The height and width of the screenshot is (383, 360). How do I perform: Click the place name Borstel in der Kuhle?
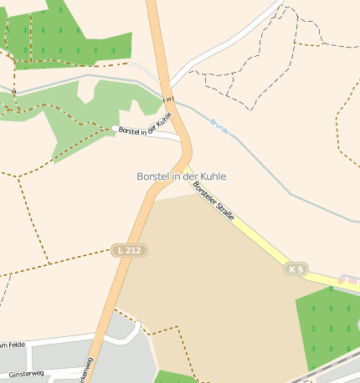click(181, 176)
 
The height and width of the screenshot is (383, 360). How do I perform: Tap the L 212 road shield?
click(130, 250)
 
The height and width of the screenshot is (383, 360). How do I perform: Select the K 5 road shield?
click(296, 269)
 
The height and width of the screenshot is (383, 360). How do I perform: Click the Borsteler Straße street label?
click(215, 203)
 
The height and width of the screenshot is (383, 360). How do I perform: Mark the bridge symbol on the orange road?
click(169, 98)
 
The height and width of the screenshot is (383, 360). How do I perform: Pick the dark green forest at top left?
click(67, 38)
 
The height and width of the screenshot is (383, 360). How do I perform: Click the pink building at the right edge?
click(349, 279)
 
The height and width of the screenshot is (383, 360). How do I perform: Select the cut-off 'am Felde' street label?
click(15, 345)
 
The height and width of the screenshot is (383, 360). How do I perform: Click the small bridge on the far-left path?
click(14, 90)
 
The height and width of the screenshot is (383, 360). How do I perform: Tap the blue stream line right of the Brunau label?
click(268, 167)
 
